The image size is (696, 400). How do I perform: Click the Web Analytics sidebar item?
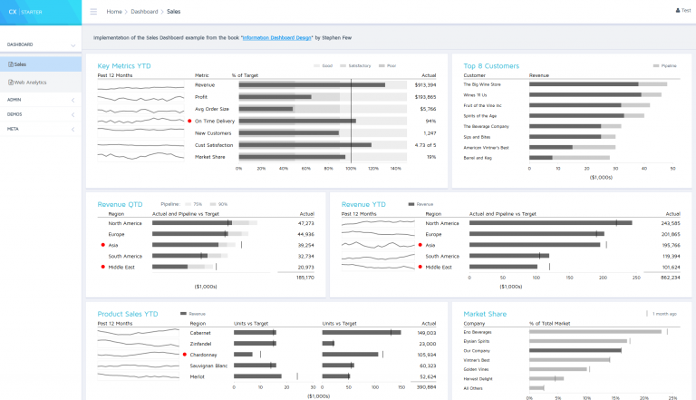point(30,83)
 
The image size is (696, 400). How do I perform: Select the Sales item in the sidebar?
point(19,64)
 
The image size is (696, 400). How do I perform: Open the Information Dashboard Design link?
point(277,38)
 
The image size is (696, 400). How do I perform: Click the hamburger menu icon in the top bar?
point(93,12)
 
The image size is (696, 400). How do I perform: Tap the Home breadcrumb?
point(114,12)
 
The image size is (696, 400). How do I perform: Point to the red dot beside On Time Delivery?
point(189,121)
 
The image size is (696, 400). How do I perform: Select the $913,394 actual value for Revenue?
point(425,84)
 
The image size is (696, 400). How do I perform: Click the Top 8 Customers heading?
point(491,65)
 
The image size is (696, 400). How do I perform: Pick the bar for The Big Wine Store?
point(585,84)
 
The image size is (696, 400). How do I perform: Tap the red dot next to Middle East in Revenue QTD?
point(103,268)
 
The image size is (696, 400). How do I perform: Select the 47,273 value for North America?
point(305,223)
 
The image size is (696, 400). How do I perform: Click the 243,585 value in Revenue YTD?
point(671,223)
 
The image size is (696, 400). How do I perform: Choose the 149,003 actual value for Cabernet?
point(427,333)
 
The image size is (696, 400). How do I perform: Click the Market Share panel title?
point(485,314)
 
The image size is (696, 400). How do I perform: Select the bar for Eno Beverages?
point(595,332)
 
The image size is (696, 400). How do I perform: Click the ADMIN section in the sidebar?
point(14,99)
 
